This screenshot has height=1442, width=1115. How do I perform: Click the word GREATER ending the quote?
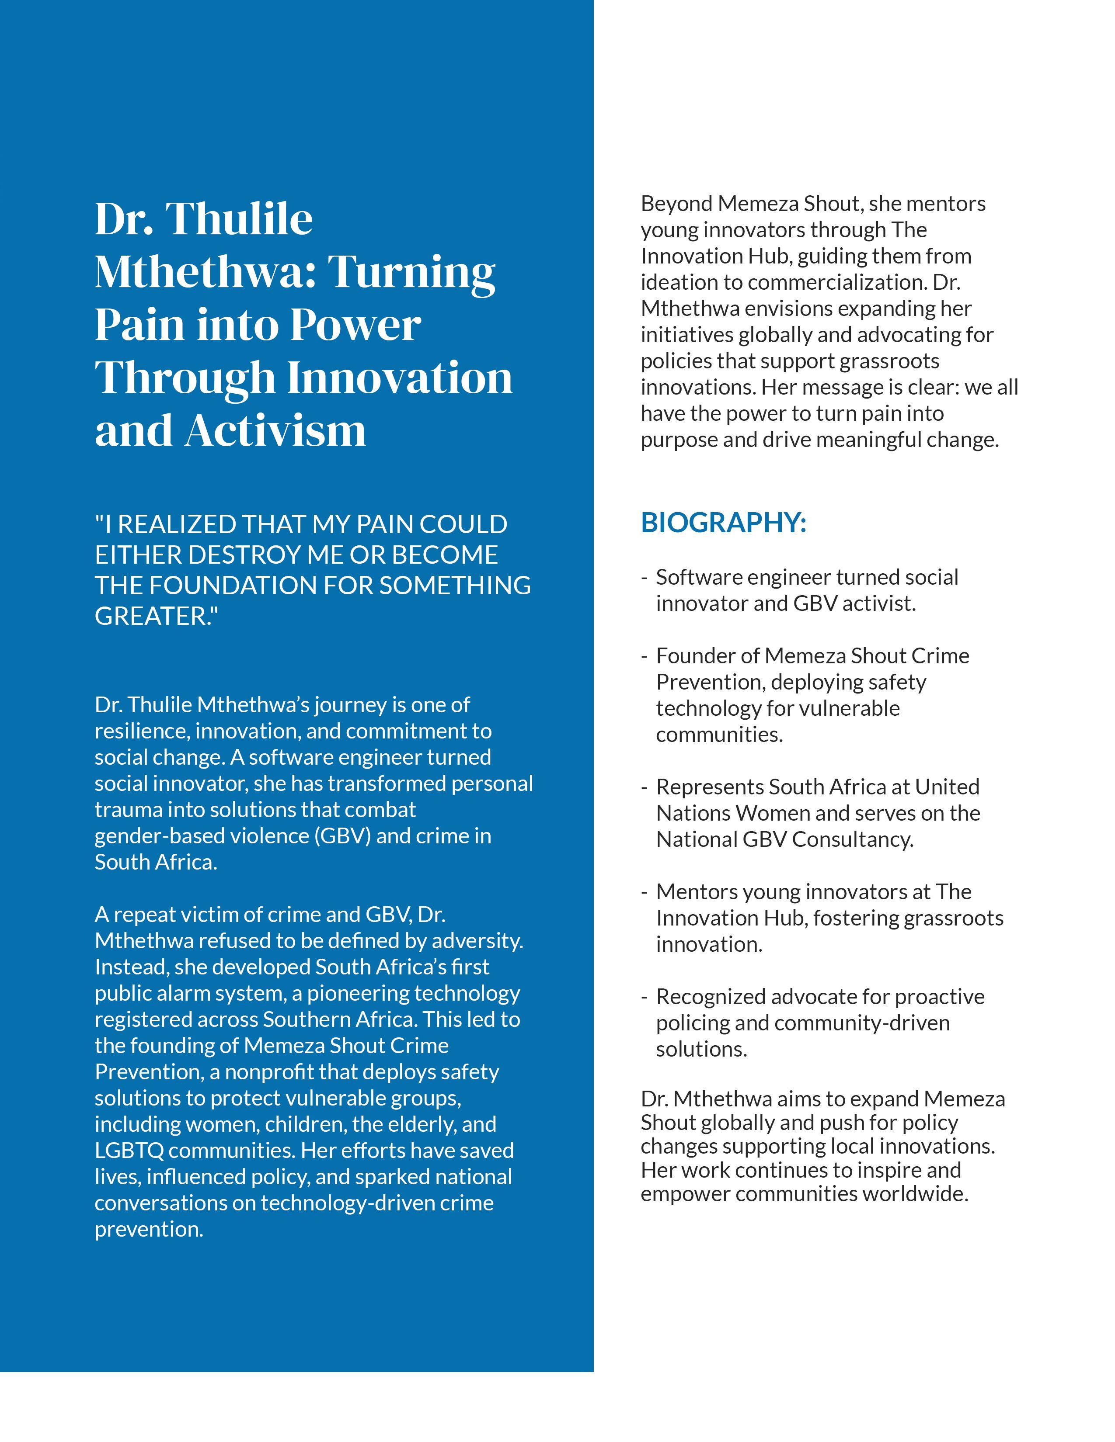(152, 616)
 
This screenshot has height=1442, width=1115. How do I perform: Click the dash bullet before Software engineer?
(644, 578)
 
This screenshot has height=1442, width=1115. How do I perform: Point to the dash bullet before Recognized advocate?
(644, 997)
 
